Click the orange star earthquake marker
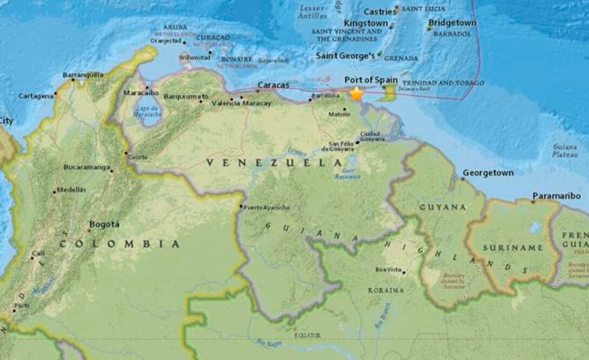[356, 94]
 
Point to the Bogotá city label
[104, 224]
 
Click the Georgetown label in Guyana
[487, 173]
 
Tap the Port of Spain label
[370, 79]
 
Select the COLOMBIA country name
[119, 244]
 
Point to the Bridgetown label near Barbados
[452, 23]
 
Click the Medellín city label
[71, 190]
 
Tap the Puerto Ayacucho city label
[267, 208]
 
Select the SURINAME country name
[505, 248]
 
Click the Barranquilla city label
[83, 75]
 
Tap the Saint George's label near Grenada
[345, 56]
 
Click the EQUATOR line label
[307, 336]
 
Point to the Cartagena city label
[36, 96]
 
